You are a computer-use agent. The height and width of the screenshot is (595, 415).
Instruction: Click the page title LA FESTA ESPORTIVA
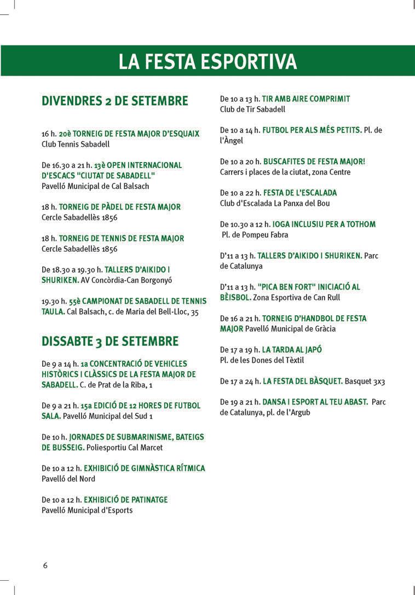coord(207,61)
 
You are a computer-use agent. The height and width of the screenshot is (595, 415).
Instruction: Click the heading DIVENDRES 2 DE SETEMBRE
coord(115,101)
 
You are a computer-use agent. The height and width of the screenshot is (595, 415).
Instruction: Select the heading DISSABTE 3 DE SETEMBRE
coord(110,342)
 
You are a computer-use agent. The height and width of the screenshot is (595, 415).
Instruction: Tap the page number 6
coord(45,565)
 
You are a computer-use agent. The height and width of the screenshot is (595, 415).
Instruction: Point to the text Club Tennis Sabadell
coord(76,145)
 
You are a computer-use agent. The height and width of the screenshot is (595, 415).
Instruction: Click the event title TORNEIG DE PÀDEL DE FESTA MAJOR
coord(119,207)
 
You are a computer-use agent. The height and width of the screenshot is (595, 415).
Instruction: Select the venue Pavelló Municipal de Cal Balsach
coord(95,186)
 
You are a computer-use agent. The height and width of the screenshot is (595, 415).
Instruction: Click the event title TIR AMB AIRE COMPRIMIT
coord(306,99)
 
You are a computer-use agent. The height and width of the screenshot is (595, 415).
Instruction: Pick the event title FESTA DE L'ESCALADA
coord(300,193)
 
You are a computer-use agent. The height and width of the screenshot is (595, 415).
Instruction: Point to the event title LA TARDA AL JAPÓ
coord(292,350)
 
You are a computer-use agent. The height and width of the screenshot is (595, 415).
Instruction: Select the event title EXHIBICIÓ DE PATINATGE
coord(126,500)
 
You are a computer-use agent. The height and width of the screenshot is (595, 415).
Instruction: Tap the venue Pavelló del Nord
coord(68,479)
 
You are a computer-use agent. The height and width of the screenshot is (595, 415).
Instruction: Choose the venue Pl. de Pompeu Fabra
coord(255,235)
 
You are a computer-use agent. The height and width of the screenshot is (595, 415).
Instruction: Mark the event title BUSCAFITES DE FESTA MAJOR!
coord(314,161)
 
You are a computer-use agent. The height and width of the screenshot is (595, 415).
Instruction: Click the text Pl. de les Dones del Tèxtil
coord(262,360)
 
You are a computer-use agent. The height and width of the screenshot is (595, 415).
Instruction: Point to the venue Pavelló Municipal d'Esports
coord(87,510)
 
